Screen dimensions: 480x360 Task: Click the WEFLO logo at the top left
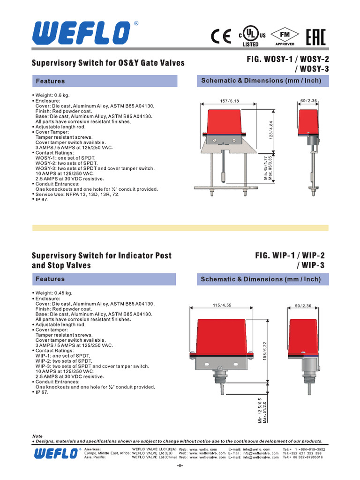81,33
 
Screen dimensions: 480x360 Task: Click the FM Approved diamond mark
285,37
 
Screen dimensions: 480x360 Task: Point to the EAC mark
316,37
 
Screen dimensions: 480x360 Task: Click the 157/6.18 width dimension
229,101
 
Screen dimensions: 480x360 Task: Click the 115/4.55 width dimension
222,305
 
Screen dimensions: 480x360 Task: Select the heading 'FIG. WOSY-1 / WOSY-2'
285,60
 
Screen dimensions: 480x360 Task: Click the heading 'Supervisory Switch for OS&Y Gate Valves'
108,63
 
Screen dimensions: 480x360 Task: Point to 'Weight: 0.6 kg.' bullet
52,96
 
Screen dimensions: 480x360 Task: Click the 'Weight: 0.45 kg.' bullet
54,293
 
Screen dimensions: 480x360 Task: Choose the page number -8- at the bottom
180,466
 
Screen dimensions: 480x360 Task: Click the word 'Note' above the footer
37,436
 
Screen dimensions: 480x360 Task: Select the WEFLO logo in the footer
55,453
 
